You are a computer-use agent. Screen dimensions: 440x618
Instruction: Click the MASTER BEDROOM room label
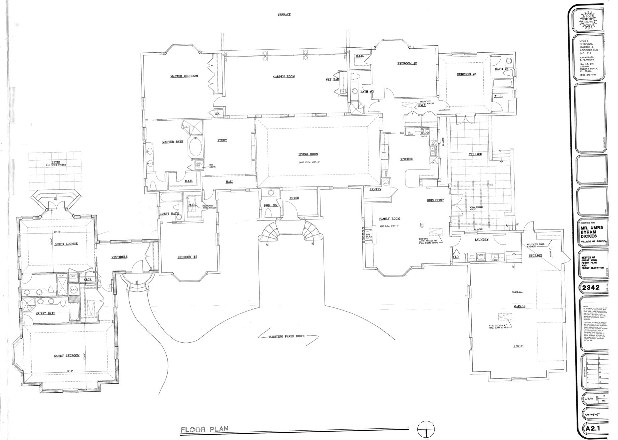click(x=184, y=76)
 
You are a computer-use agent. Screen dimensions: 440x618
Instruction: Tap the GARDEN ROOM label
click(x=284, y=76)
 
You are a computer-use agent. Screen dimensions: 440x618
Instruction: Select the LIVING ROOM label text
click(x=308, y=154)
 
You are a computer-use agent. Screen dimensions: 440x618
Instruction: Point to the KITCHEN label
click(x=407, y=159)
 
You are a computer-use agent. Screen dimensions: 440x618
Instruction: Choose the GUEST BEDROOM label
click(x=67, y=355)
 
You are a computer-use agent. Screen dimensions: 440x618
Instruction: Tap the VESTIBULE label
click(x=119, y=257)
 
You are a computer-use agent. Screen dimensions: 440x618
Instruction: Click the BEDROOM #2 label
click(x=187, y=257)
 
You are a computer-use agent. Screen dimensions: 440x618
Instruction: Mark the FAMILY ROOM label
click(x=389, y=219)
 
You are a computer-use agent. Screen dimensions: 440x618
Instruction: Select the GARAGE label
click(x=519, y=306)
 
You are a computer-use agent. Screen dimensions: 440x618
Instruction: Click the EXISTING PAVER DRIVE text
click(x=287, y=336)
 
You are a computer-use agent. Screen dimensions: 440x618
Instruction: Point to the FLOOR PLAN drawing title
click(x=205, y=429)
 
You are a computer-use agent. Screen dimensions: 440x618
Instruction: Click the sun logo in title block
click(x=588, y=21)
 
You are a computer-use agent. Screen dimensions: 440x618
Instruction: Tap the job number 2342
click(x=591, y=287)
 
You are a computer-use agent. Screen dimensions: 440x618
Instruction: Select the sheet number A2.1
click(x=593, y=428)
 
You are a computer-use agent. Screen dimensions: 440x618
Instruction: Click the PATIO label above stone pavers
click(x=56, y=162)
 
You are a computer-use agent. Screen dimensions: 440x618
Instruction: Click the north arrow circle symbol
click(x=426, y=429)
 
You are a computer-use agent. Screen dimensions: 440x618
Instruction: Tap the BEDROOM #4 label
click(x=466, y=74)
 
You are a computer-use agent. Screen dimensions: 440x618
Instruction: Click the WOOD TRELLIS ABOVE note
click(x=475, y=208)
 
